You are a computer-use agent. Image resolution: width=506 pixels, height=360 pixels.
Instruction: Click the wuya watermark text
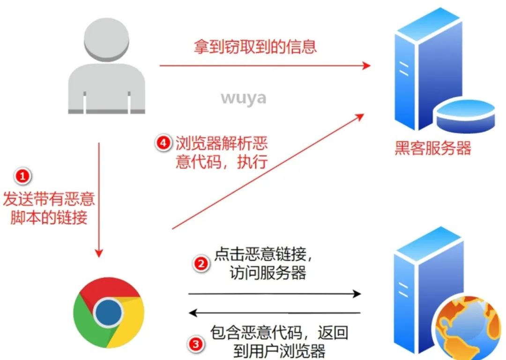(243, 97)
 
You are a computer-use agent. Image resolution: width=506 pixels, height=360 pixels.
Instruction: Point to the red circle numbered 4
(163, 143)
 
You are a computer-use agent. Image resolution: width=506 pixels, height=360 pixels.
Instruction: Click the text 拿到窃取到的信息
(255, 46)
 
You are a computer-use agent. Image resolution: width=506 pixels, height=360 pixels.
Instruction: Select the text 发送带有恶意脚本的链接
(49, 208)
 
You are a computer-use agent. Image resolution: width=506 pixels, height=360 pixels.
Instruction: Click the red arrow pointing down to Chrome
(99, 199)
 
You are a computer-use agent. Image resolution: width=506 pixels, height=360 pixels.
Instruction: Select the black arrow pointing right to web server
(275, 294)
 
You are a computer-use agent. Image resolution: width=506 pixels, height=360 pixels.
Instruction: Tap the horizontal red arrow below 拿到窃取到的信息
(265, 66)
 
